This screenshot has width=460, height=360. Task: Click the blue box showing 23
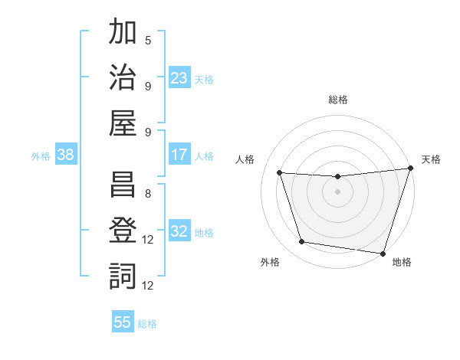click(179, 77)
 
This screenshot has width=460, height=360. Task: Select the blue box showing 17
click(179, 155)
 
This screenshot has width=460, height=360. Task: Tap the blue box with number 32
click(179, 231)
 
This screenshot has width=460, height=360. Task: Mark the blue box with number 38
click(66, 155)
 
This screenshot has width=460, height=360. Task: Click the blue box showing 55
click(123, 322)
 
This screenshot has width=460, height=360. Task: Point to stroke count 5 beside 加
click(148, 41)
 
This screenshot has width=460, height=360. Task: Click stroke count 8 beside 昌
click(148, 194)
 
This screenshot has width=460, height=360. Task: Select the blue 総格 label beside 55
click(147, 324)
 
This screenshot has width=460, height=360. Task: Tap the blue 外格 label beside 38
click(41, 156)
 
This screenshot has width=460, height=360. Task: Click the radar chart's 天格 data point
click(409, 169)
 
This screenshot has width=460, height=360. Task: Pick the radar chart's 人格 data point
click(280, 173)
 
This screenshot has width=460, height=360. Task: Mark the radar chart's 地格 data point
click(382, 253)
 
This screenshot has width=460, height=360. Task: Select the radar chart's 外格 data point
click(302, 242)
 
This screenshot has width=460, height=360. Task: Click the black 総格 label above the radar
click(338, 100)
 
